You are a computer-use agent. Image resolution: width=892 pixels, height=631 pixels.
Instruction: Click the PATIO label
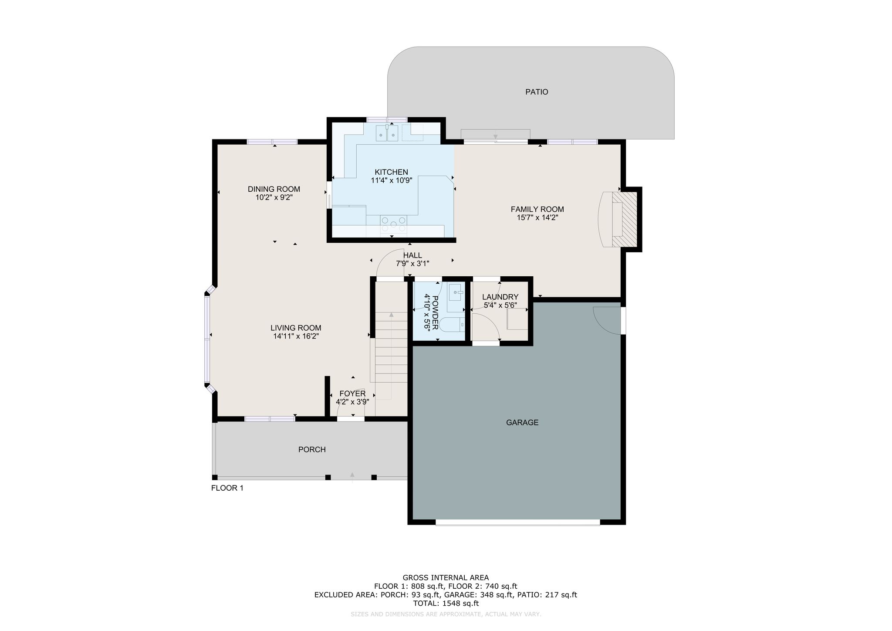coord(537,92)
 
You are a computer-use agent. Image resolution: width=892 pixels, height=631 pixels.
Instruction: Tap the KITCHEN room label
coord(391,172)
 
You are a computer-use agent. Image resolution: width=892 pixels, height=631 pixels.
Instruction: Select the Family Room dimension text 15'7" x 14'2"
coord(537,217)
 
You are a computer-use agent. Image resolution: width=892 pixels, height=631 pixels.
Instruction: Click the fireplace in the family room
coord(618,220)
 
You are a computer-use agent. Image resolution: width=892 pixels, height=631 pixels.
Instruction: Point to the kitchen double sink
coord(387,133)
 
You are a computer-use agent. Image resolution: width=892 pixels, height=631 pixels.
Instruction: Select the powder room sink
coord(456,292)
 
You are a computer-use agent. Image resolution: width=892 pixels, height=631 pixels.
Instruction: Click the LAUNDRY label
coord(500,297)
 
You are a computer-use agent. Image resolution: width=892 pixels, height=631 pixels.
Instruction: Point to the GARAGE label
coord(522,422)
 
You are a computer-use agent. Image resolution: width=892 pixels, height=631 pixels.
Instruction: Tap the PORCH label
coord(312,449)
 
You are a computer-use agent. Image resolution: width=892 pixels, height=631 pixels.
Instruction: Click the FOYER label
coord(352,394)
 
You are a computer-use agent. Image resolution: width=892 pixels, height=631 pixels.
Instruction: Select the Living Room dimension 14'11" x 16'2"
coord(296,336)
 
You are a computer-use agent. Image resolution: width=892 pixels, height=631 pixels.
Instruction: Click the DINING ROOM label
coord(274,189)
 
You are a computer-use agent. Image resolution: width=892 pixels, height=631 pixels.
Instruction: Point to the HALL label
coord(412,255)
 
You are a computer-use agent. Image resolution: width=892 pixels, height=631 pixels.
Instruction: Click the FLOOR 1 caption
coord(227,488)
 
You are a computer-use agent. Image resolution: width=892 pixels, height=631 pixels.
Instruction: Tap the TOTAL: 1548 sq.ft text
coord(446,604)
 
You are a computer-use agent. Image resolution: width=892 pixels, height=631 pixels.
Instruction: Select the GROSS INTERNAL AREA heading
coord(446,578)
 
